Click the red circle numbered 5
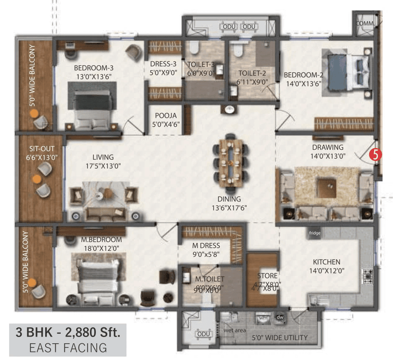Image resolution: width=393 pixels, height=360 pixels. tap(376, 154)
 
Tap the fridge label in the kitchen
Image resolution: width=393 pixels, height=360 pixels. tap(315, 233)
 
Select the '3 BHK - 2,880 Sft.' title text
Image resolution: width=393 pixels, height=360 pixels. tap(68, 333)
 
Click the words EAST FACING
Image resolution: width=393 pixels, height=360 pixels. tap(68, 347)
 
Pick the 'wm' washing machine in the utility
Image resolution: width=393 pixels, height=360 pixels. tap(263, 318)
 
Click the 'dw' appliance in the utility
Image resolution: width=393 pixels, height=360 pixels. tap(280, 317)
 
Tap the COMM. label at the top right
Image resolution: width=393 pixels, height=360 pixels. tap(364, 23)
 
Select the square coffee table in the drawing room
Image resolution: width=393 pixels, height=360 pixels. tap(327, 186)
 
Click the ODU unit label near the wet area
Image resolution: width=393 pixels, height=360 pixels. tap(203, 334)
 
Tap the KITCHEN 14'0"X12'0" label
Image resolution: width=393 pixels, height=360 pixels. tap(326, 266)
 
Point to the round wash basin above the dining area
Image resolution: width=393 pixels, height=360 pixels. tap(229, 110)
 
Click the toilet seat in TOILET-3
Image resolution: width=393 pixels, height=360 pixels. tap(193, 49)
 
